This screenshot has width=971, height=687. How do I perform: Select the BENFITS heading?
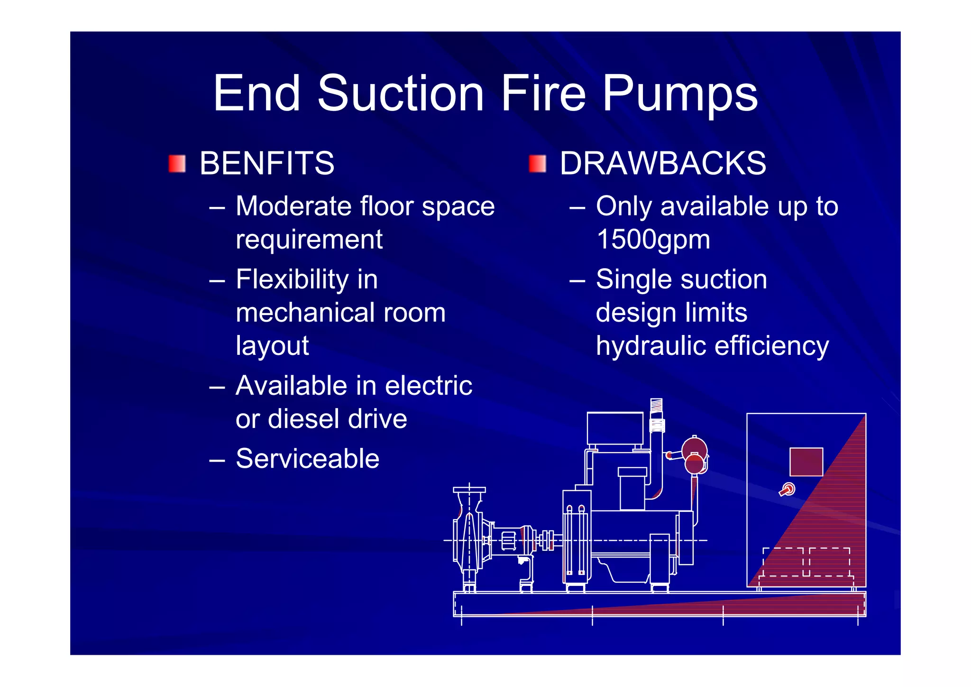coord(266,163)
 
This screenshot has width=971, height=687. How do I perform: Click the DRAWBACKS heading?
coord(662,163)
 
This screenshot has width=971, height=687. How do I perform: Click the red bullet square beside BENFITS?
coord(177,164)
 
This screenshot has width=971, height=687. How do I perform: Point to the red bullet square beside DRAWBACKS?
coord(537,164)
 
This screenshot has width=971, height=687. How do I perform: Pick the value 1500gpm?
coord(653,239)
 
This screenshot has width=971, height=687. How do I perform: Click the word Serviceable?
coord(307,459)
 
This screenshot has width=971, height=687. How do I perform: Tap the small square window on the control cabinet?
coord(806,462)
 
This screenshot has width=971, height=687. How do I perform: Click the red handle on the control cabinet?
coord(787,490)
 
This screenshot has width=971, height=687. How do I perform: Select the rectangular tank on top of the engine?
coord(615,428)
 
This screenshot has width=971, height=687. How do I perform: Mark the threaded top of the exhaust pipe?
coord(656,406)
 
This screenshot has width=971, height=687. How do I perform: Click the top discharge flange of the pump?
coord(469,490)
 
